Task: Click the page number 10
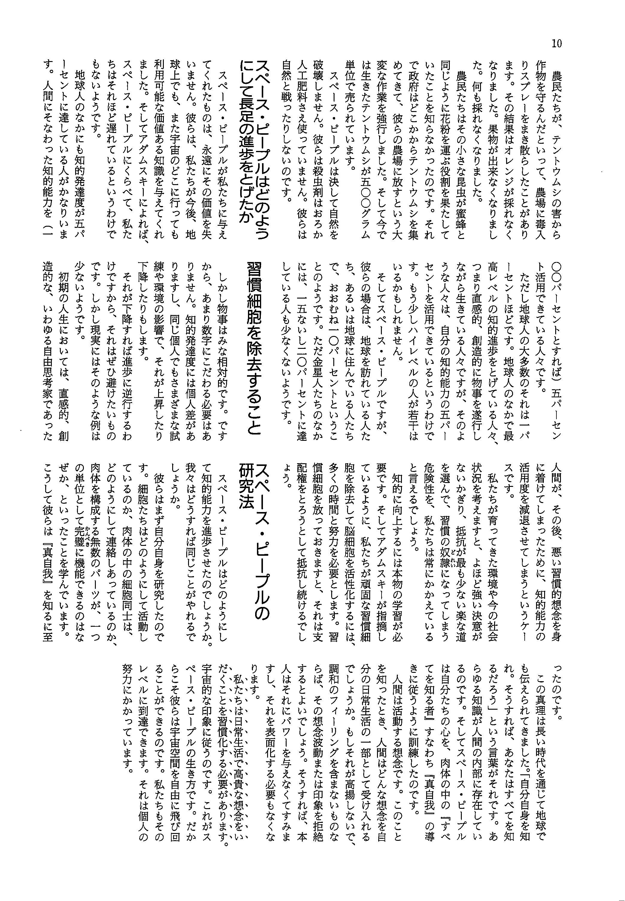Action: tap(556, 43)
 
